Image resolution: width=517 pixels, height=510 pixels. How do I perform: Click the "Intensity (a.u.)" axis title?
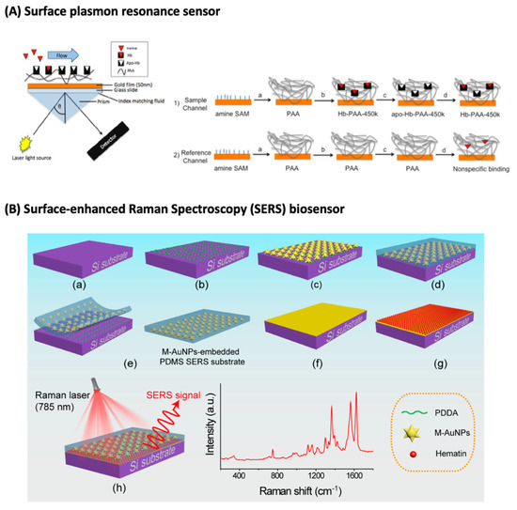coord(208,427)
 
